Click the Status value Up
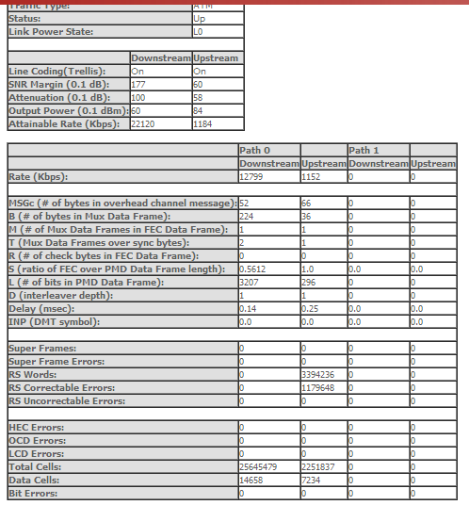[200, 18]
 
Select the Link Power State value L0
[199, 31]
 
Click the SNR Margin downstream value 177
[138, 84]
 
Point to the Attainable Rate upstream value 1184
[202, 123]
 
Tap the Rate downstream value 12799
[251, 176]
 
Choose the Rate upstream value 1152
[311, 176]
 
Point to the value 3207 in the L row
[250, 282]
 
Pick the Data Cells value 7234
[311, 480]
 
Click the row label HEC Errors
[37, 427]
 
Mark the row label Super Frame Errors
[56, 361]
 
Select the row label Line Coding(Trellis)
[56, 71]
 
